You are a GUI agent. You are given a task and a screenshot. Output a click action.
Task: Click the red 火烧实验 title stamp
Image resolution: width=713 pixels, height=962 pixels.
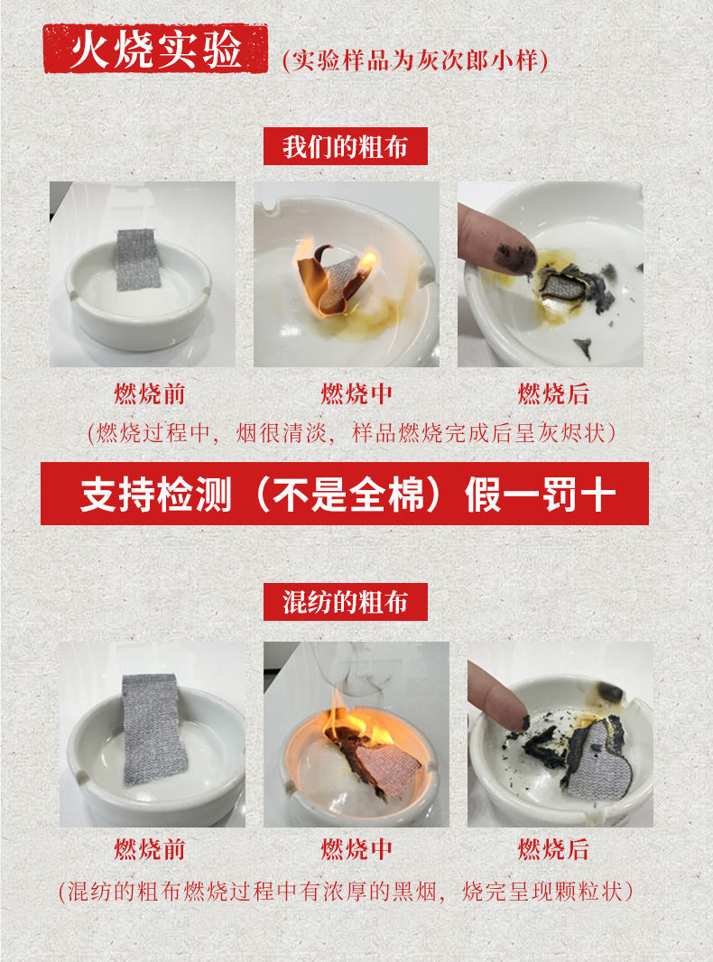[156, 49]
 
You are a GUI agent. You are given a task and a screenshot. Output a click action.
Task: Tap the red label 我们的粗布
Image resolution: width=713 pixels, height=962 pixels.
[346, 146]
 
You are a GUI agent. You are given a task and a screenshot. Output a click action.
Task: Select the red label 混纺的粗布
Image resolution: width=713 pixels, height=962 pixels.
[346, 602]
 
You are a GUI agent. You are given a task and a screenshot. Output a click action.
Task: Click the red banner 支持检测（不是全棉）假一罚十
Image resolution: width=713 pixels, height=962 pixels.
[344, 494]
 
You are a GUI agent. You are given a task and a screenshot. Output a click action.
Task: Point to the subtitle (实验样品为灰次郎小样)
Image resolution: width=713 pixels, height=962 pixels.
[415, 60]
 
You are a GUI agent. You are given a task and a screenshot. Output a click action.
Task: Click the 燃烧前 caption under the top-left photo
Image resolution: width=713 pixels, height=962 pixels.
[150, 393]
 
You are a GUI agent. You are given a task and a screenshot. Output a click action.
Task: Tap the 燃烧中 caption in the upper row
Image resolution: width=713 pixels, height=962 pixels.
[356, 393]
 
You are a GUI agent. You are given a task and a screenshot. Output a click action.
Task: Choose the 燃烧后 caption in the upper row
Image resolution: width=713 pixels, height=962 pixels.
[553, 393]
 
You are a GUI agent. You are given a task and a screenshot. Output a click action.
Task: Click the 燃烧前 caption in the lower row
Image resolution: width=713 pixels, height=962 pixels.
[150, 850]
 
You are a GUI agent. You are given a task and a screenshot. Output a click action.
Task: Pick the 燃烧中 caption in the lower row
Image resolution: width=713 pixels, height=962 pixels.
[356, 850]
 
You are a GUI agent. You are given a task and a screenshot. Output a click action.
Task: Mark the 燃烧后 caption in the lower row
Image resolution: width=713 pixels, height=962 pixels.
[553, 850]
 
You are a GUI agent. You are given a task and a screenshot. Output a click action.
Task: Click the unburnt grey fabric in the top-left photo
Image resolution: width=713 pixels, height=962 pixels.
[138, 260]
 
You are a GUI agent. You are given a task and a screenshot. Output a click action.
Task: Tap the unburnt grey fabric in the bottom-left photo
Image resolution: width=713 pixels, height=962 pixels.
[153, 729]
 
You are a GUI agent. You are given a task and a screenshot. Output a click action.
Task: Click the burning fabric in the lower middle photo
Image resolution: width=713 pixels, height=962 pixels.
[377, 761]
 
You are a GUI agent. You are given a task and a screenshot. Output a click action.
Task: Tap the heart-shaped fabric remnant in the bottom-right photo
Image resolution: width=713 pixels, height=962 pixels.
[597, 756]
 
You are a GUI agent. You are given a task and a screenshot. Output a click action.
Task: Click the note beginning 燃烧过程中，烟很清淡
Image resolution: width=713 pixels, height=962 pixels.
[352, 433]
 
